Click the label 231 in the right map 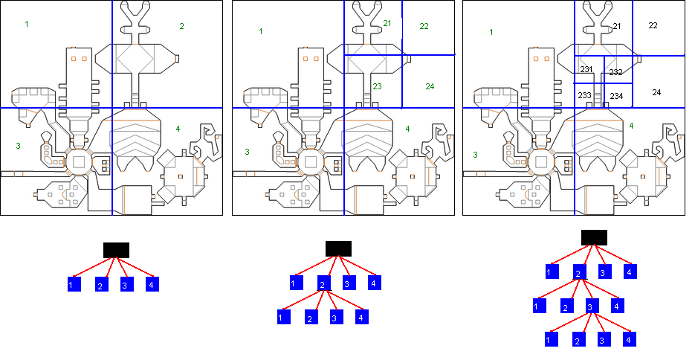(586, 69)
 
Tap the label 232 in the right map (615, 72)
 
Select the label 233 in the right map (585, 95)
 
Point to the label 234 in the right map (616, 96)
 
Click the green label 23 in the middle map (377, 86)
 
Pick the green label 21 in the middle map (387, 23)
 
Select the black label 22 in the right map (653, 26)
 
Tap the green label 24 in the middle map (430, 86)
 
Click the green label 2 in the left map (181, 27)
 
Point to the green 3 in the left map (18, 146)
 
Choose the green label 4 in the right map (631, 126)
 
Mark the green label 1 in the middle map (261, 31)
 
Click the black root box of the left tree (116, 250)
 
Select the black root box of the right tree (595, 237)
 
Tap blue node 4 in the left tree (152, 284)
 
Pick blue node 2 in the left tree (102, 285)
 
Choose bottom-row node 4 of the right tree (630, 339)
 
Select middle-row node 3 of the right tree (592, 306)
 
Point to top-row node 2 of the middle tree (324, 283)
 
